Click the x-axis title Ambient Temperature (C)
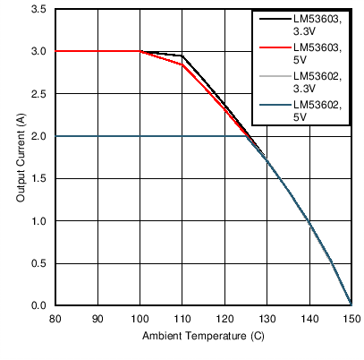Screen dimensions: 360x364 [203, 337]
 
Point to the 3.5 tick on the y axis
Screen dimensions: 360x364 [39, 9]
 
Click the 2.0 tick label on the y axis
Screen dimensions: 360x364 [39, 136]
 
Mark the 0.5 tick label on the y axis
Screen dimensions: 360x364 [39, 263]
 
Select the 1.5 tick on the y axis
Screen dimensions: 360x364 [39, 178]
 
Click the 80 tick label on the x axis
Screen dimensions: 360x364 [55, 318]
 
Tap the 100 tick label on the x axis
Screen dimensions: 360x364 [140, 318]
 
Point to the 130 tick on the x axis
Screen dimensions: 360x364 [267, 318]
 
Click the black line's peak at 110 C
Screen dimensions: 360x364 [182, 56]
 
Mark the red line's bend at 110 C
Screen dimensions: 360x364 [182, 64]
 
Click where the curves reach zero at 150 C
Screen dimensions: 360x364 [351, 304]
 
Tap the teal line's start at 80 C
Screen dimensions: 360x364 [56, 136]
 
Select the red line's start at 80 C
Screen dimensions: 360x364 [56, 51]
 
